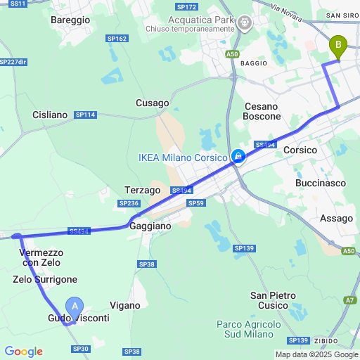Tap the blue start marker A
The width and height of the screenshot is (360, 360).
click(x=75, y=307)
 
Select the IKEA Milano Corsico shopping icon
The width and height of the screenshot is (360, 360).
click(x=239, y=156)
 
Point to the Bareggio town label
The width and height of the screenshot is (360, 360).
click(x=70, y=20)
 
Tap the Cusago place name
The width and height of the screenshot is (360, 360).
click(x=153, y=103)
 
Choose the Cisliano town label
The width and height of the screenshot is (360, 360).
click(x=50, y=114)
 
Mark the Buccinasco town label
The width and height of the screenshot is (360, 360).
click(x=318, y=183)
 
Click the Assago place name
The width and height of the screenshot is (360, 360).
click(x=336, y=219)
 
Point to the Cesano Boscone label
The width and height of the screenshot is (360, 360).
click(x=262, y=111)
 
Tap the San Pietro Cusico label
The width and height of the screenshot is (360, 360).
click(x=270, y=300)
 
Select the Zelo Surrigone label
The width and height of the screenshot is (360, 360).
click(x=45, y=279)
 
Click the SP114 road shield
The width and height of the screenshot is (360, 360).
click(x=85, y=115)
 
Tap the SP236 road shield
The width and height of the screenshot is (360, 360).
click(x=129, y=203)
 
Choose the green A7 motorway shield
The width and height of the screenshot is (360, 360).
click(x=349, y=300)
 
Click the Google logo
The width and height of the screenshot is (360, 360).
click(x=23, y=352)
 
